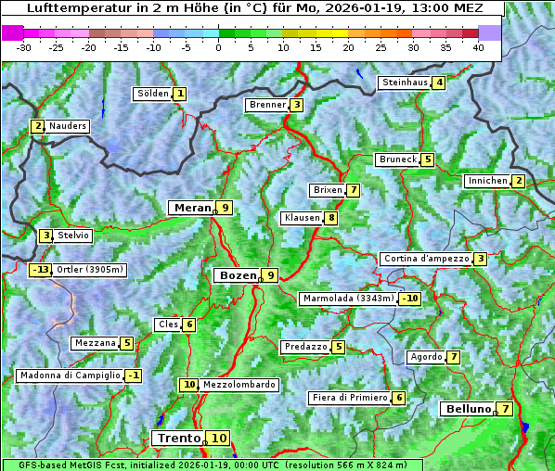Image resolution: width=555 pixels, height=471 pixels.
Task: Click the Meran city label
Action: click(193, 208)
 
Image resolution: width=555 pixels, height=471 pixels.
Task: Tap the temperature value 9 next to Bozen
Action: click(269, 275)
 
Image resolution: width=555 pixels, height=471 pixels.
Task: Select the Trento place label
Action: click(179, 439)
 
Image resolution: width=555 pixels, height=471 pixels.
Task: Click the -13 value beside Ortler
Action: click(41, 271)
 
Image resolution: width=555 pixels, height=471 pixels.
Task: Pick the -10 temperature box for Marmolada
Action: click(410, 299)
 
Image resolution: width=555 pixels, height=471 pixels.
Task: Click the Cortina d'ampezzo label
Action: click(425, 259)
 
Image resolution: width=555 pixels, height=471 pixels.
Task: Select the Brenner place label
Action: click(267, 105)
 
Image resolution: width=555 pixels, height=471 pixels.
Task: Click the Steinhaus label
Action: click(405, 83)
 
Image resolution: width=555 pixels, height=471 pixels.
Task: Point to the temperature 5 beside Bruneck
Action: click(427, 159)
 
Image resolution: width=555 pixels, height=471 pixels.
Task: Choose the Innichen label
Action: click(487, 181)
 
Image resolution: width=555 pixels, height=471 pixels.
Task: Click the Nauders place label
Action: click(68, 126)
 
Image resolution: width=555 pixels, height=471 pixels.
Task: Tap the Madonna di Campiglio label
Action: click(70, 376)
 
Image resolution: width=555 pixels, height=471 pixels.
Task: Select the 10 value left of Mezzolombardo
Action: click(188, 385)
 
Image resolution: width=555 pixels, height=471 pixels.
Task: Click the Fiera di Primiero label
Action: click(349, 398)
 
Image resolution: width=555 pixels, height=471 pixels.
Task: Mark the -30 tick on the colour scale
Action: click(25, 47)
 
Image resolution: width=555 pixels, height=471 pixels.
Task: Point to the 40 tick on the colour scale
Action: click(478, 47)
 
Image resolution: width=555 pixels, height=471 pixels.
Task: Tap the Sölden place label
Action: click(153, 94)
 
